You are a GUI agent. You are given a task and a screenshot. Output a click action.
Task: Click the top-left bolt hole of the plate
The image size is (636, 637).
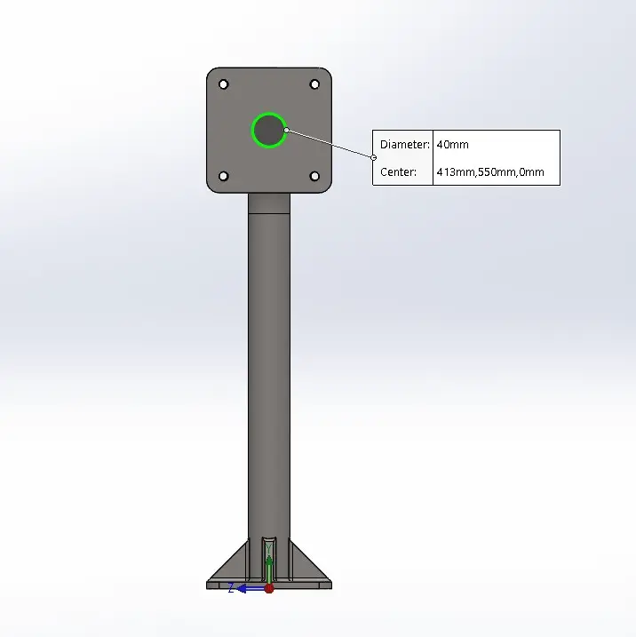click(223, 84)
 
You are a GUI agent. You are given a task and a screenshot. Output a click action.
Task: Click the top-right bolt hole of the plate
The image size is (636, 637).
click(314, 84)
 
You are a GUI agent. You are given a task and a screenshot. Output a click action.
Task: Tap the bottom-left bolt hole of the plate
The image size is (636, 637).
click(223, 176)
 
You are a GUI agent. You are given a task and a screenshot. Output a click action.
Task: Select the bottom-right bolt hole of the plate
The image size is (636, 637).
click(314, 176)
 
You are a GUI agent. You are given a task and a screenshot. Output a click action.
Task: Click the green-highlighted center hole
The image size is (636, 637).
click(269, 131)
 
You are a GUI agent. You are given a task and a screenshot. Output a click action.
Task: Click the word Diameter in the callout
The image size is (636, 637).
click(403, 145)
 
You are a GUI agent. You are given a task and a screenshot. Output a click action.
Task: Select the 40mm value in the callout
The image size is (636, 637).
click(453, 145)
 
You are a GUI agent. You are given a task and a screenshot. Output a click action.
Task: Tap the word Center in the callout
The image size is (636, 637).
click(398, 172)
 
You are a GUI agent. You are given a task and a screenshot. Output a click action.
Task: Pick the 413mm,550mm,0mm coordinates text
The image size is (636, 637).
click(490, 172)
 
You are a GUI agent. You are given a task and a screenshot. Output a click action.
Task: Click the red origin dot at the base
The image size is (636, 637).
click(269, 589)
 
